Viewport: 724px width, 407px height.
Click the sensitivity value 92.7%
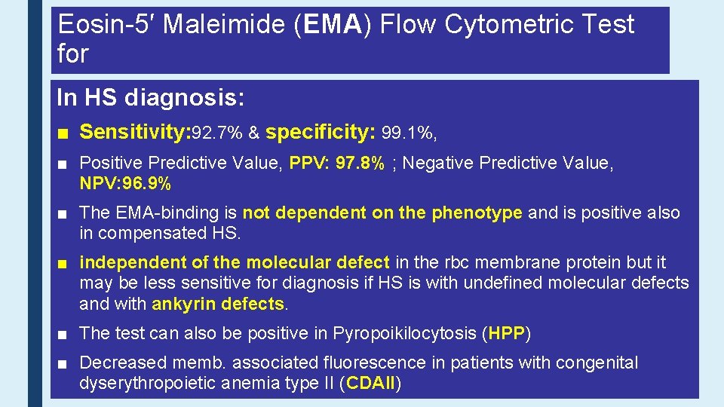tap(217, 134)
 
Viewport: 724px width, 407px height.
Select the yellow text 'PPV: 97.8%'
tap(337, 164)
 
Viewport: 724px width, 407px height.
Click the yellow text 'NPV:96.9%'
tap(125, 184)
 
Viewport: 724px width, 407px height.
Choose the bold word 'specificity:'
tap(321, 133)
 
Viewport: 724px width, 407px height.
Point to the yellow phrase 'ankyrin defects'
tap(219, 304)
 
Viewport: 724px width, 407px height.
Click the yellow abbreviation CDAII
tap(370, 384)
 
